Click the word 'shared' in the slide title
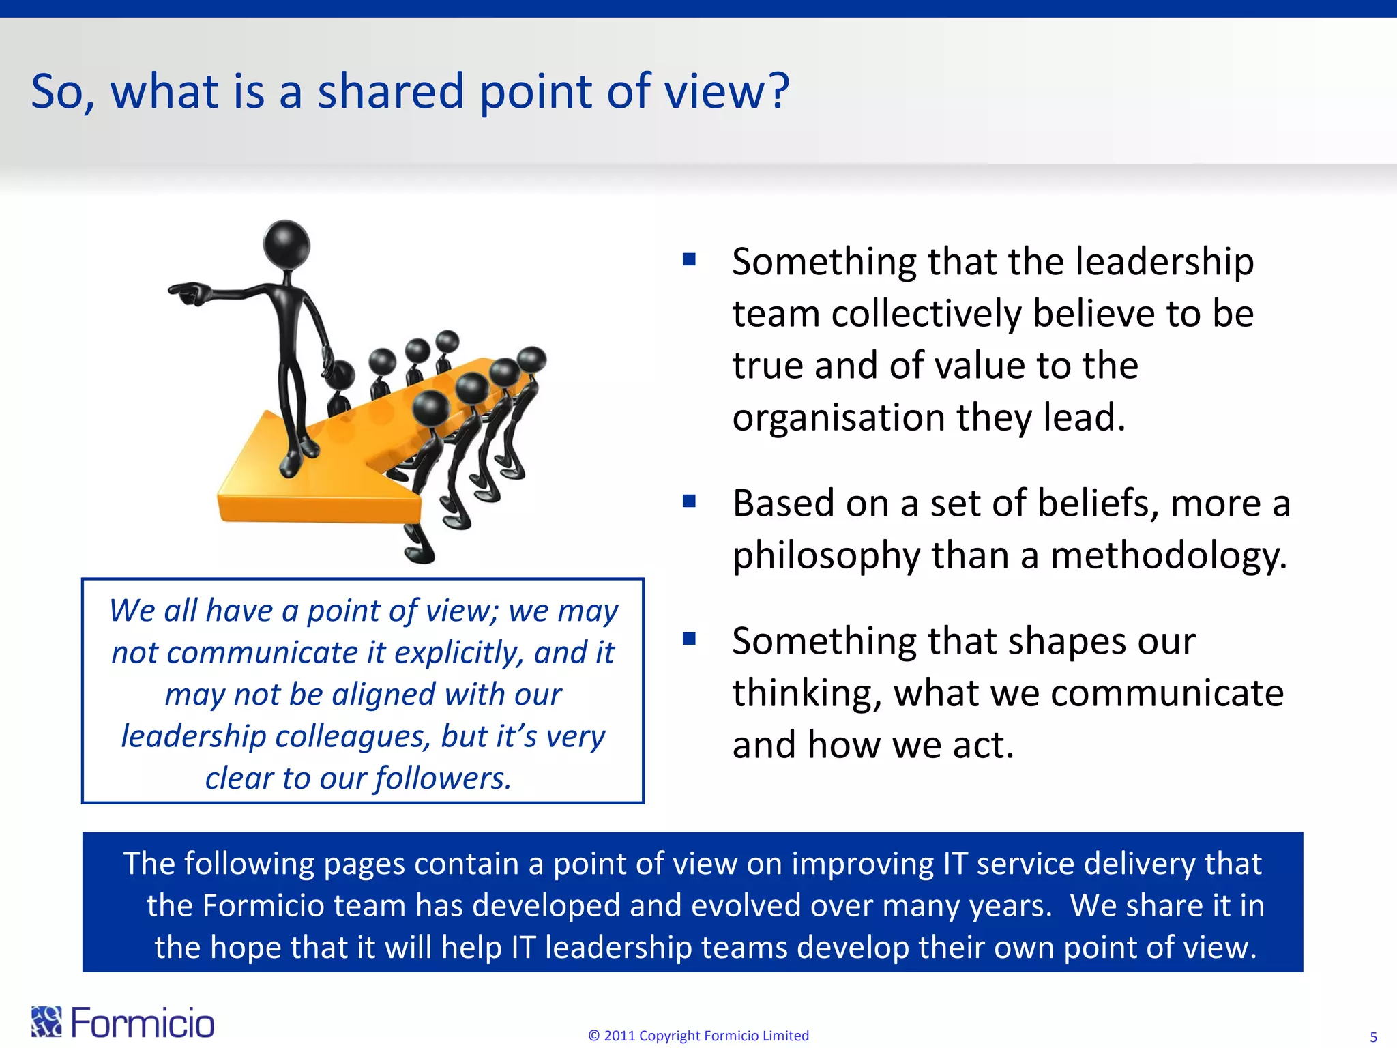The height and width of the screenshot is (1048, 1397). click(391, 92)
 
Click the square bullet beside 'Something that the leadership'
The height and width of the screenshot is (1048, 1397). click(689, 259)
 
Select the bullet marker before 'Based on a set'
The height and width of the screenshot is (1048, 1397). click(689, 501)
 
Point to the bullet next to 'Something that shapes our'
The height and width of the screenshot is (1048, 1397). click(689, 639)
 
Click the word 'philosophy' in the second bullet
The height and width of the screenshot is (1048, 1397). click(826, 555)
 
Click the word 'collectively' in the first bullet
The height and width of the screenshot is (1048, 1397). click(926, 314)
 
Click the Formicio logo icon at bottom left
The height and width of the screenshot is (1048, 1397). click(46, 1022)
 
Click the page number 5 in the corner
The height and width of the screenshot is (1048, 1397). click(1373, 1037)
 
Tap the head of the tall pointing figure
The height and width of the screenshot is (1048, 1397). click(287, 242)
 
